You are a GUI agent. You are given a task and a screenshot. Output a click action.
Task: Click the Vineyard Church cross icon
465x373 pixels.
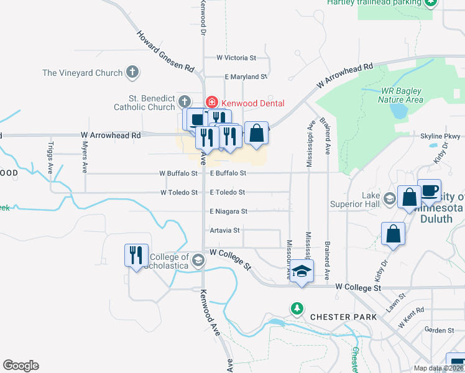[132, 73]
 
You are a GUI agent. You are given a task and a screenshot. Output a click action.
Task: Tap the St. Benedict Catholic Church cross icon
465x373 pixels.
[184, 101]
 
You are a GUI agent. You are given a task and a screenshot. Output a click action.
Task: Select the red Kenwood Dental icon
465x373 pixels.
[211, 103]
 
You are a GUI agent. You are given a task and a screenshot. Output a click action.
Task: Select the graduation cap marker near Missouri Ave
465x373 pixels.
[302, 271]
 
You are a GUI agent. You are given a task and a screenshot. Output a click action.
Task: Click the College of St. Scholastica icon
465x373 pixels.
[198, 260]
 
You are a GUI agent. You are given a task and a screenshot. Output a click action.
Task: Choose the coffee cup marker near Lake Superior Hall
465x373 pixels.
[429, 190]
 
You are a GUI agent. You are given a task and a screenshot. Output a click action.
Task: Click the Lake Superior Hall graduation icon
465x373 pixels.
[390, 199]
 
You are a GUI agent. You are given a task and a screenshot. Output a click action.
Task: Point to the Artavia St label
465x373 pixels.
[225, 230]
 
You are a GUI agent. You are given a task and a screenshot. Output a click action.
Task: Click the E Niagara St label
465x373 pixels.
[228, 211]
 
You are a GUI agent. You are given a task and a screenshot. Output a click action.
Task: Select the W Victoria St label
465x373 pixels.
[236, 58]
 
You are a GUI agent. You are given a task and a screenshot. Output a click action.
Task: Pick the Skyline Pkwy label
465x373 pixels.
[440, 136]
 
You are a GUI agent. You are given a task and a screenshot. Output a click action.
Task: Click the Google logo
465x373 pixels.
[21, 366]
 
